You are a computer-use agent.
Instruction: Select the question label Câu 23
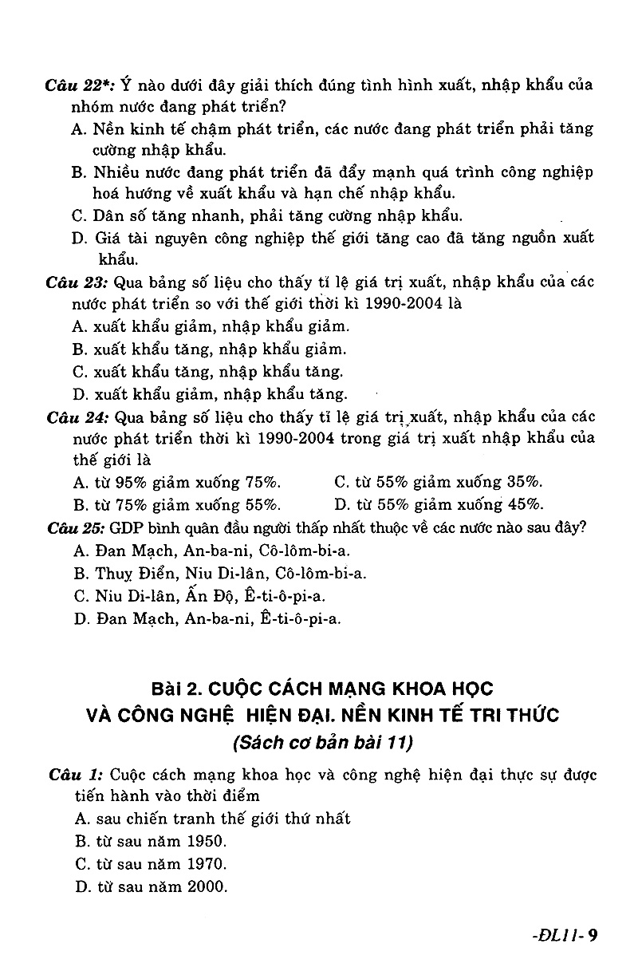pos(77,282)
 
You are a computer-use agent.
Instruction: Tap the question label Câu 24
pos(77,417)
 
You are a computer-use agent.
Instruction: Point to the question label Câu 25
pos(77,527)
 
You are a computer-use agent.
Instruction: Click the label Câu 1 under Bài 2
pos(75,775)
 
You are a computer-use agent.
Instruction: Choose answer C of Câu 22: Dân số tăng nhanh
pos(267,215)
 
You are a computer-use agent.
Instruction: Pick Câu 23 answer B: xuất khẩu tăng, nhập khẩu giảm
pos(210,349)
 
